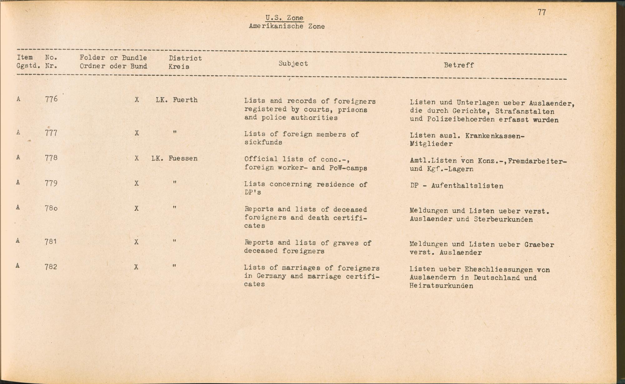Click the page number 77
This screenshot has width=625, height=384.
[542, 13]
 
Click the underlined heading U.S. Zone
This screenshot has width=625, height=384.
[284, 18]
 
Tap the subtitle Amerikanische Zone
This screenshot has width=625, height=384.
[287, 26]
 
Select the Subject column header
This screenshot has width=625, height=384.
[293, 63]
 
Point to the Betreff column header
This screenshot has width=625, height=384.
[459, 65]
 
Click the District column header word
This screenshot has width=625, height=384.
[185, 58]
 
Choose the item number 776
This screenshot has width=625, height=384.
[51, 99]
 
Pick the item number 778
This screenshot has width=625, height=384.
[51, 158]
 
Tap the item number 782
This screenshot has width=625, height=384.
[51, 267]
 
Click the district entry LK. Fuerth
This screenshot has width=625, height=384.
[177, 100]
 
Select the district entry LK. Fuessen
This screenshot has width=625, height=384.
[174, 159]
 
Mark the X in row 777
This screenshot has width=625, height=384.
[137, 133]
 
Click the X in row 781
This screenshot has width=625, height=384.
[136, 242]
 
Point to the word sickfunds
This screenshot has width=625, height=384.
[263, 142]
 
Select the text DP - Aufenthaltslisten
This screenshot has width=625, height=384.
[457, 186]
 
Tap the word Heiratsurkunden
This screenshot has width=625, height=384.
[441, 286]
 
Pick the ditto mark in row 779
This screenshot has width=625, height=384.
[174, 182]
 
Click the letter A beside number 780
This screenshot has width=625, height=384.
[18, 207]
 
